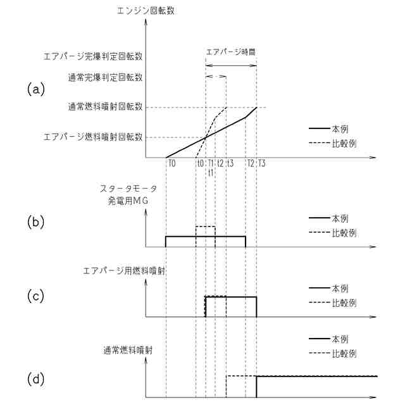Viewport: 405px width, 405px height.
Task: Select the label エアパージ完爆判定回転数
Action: click(x=92, y=56)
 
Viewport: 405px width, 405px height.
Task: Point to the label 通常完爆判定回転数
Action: click(x=105, y=78)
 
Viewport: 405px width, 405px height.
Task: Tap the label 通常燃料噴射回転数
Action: click(x=105, y=107)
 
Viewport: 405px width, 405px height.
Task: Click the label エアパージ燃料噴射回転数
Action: click(x=92, y=137)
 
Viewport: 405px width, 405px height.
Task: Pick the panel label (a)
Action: click(x=37, y=89)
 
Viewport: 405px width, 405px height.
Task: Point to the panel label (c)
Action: click(x=37, y=295)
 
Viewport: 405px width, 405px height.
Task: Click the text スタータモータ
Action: click(x=128, y=189)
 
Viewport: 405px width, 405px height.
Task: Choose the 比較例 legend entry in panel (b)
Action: click(x=344, y=232)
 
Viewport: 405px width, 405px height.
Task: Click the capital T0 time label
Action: click(x=171, y=163)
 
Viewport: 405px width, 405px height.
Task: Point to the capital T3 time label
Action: click(x=262, y=163)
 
